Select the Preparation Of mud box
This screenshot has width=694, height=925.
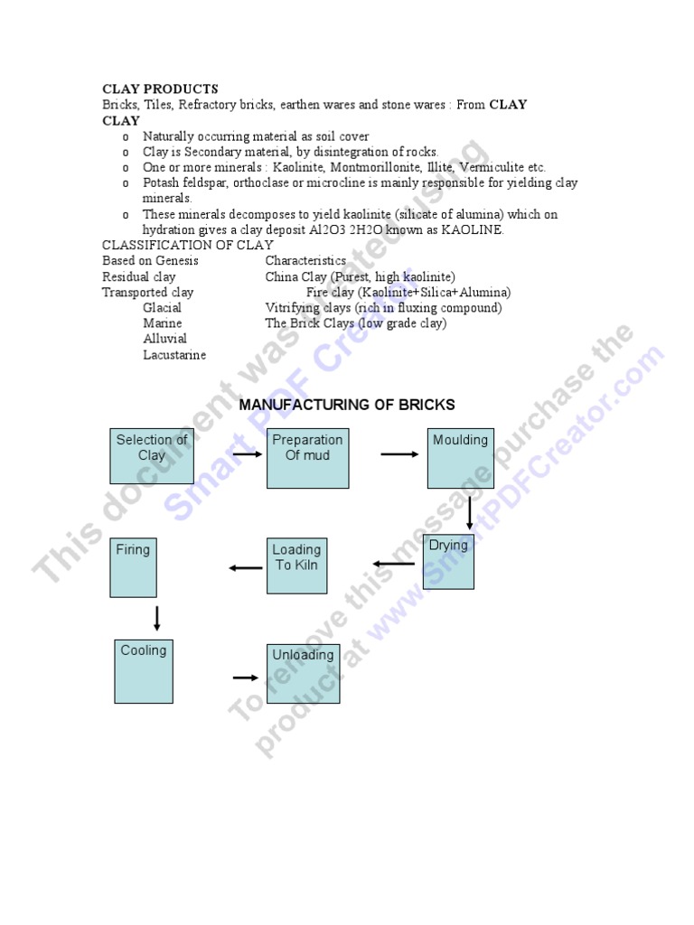[307, 458]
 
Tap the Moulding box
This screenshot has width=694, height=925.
[460, 458]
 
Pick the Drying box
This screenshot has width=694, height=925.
[448, 562]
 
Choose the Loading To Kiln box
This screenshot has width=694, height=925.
[296, 565]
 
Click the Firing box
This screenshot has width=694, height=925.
[133, 567]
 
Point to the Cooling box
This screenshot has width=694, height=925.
[144, 669]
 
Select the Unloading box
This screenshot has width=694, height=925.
[303, 673]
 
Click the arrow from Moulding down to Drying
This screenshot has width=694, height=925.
[470, 513]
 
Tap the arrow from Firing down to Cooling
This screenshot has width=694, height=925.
[157, 619]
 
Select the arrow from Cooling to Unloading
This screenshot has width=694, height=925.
[245, 677]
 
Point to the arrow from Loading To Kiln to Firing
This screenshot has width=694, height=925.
[245, 567]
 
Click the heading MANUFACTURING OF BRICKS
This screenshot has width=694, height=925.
[347, 405]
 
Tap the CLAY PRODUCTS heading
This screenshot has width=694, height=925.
[160, 89]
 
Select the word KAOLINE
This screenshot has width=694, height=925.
[473, 230]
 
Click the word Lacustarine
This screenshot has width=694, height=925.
[174, 355]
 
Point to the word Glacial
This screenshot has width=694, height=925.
[162, 308]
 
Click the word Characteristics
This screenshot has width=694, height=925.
[305, 261]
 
